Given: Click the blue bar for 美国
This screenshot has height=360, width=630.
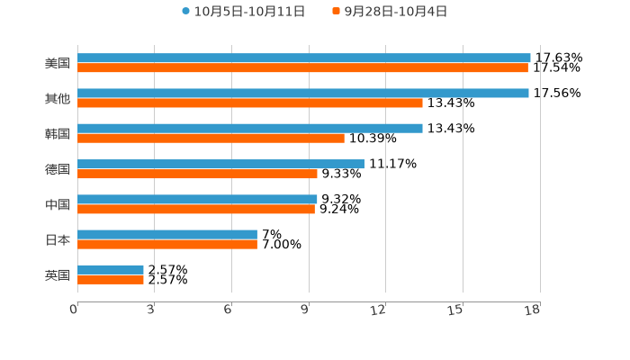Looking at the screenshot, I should [x=304, y=58].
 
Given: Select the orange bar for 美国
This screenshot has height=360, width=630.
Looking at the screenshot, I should [x=302, y=67].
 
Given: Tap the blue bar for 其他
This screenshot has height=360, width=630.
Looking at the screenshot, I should [x=303, y=93].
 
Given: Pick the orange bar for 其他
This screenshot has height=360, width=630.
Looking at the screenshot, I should [x=250, y=103].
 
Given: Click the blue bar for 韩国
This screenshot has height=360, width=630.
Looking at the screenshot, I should [x=250, y=128].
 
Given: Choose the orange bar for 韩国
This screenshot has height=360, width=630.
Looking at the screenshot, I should [x=211, y=138].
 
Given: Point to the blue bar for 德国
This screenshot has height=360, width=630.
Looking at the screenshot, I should [x=220, y=164].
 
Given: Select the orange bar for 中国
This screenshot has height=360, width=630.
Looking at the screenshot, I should [x=196, y=209].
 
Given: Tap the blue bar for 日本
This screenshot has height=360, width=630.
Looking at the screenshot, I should [x=167, y=234].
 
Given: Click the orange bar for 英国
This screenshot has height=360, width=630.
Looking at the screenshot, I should [x=111, y=280].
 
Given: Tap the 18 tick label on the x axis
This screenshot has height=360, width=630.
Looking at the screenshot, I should [x=533, y=310].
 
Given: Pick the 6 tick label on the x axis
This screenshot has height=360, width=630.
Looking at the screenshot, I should [x=229, y=310].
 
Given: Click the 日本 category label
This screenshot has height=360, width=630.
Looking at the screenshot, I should [x=58, y=240].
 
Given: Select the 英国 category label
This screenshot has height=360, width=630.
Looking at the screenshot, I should [x=58, y=275].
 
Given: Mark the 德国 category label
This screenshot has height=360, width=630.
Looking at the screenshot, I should [x=58, y=169].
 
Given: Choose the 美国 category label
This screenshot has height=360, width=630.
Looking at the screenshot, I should [x=58, y=64].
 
